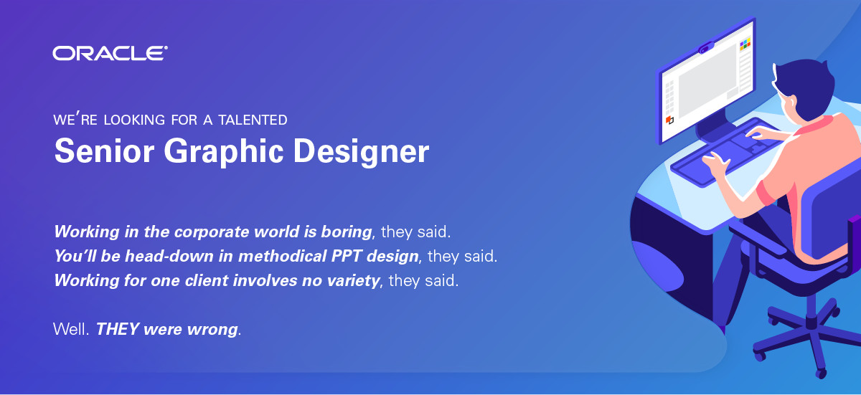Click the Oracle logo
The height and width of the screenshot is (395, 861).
click(110, 53)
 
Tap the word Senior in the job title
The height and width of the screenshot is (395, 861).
click(105, 151)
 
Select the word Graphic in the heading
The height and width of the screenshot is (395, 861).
click(224, 152)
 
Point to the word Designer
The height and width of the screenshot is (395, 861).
click(361, 152)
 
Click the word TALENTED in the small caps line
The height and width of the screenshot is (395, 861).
click(253, 120)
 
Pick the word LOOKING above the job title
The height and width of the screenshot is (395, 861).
click(135, 120)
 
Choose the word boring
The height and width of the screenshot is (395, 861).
click(347, 232)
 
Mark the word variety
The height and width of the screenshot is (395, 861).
click(353, 280)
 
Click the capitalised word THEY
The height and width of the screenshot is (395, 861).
click(117, 329)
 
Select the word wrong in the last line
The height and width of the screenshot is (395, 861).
click(212, 330)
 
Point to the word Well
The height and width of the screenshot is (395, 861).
click(71, 329)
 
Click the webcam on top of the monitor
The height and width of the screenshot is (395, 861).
click(706, 48)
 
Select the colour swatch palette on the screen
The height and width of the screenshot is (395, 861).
click(745, 44)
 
